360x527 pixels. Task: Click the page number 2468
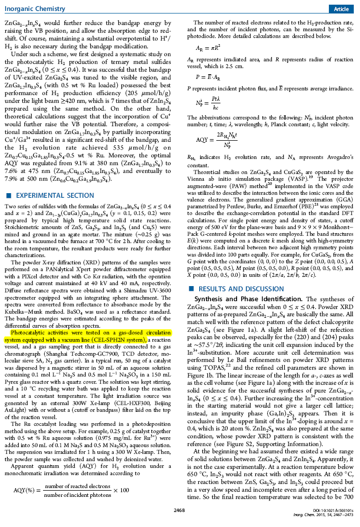click(x=179, y=510)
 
